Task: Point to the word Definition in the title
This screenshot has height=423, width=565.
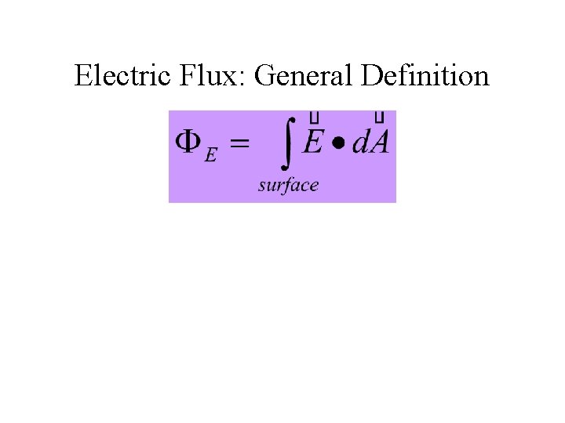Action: [x=425, y=76]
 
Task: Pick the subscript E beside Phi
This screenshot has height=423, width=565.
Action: [x=210, y=155]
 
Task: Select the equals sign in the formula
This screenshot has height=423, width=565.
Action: [x=239, y=143]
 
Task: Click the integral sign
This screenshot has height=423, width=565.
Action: [x=287, y=141]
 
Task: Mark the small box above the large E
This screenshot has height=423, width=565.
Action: [x=314, y=117]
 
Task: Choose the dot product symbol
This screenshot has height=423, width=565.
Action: [x=338, y=145]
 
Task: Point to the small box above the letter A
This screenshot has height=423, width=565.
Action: [x=380, y=117]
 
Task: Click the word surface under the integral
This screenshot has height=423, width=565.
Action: [x=288, y=185]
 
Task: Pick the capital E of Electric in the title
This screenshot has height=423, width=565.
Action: [x=82, y=76]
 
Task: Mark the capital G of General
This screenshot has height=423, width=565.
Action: [x=264, y=76]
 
